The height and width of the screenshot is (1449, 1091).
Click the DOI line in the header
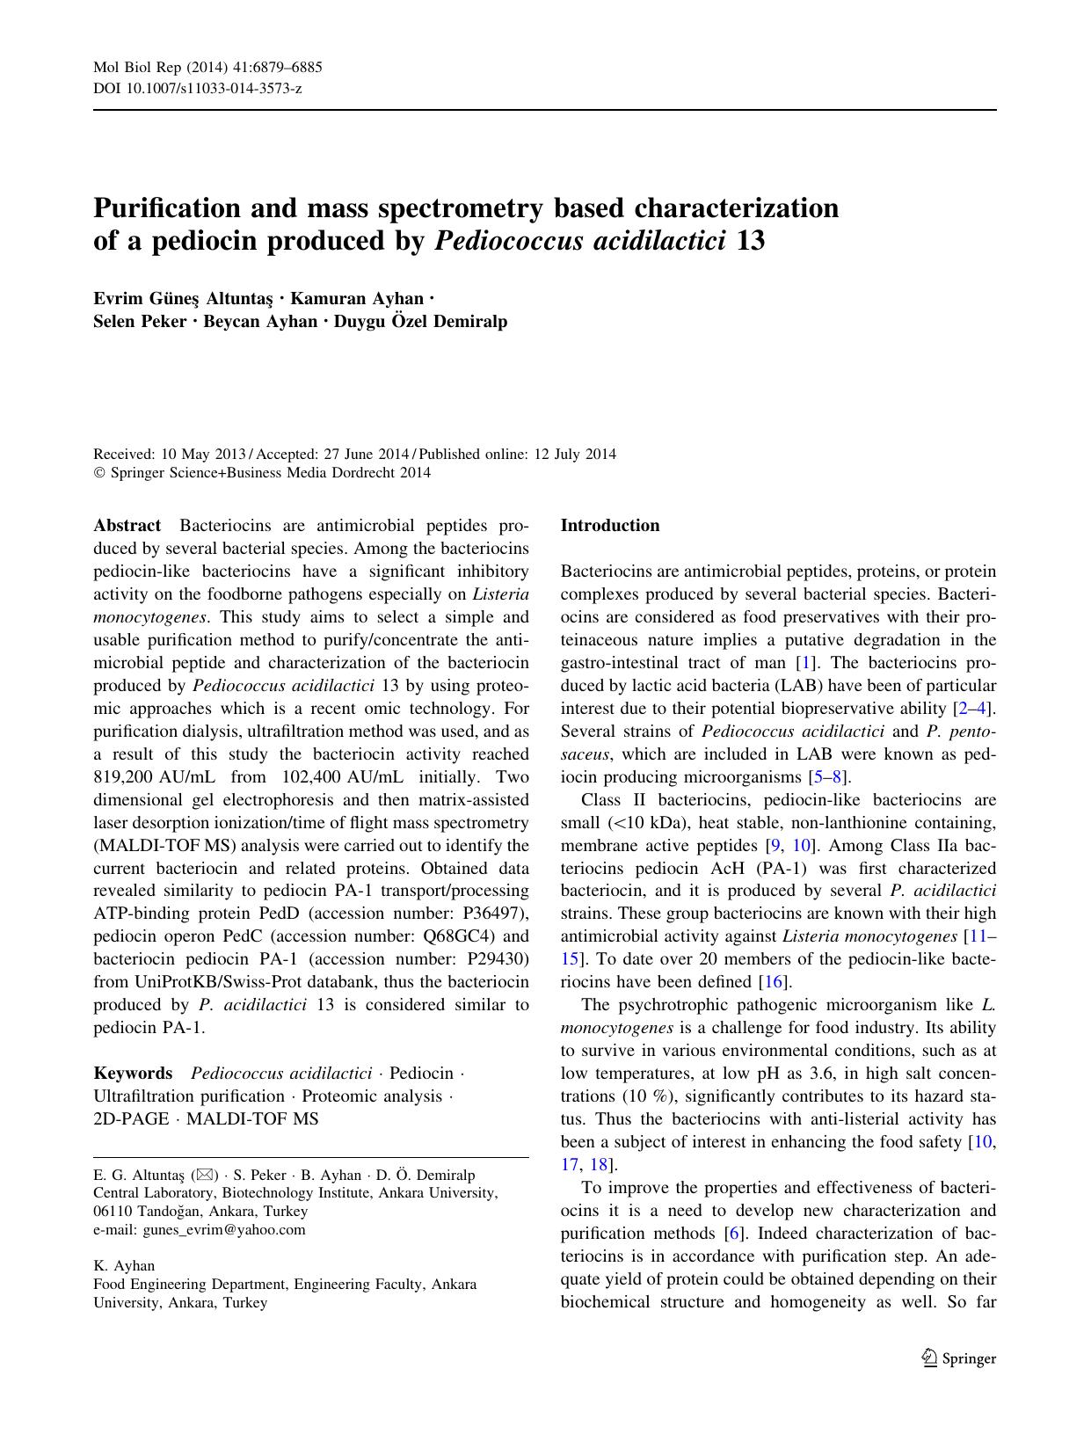point(197,89)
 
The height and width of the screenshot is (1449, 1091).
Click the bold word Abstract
point(127,526)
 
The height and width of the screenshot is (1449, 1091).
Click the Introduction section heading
point(609,526)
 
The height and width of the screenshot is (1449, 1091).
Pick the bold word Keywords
point(133,1074)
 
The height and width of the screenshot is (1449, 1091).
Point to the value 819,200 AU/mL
point(154,777)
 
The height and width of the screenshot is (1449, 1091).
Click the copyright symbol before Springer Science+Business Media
point(98,473)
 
